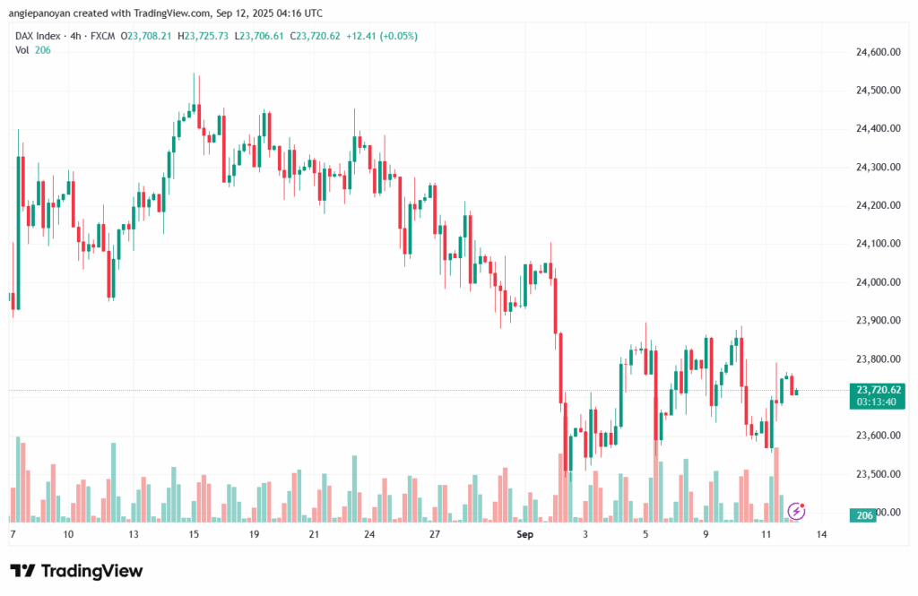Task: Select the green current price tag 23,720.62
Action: [x=879, y=389]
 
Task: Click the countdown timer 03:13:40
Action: [x=879, y=402]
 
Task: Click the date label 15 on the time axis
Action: [x=193, y=534]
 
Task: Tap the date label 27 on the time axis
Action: [x=433, y=534]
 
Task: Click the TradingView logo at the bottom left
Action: [x=76, y=571]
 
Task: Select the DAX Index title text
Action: [x=39, y=36]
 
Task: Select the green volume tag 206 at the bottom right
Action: [x=864, y=514]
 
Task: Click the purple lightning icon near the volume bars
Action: [x=796, y=511]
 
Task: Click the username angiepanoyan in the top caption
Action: [x=43, y=13]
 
